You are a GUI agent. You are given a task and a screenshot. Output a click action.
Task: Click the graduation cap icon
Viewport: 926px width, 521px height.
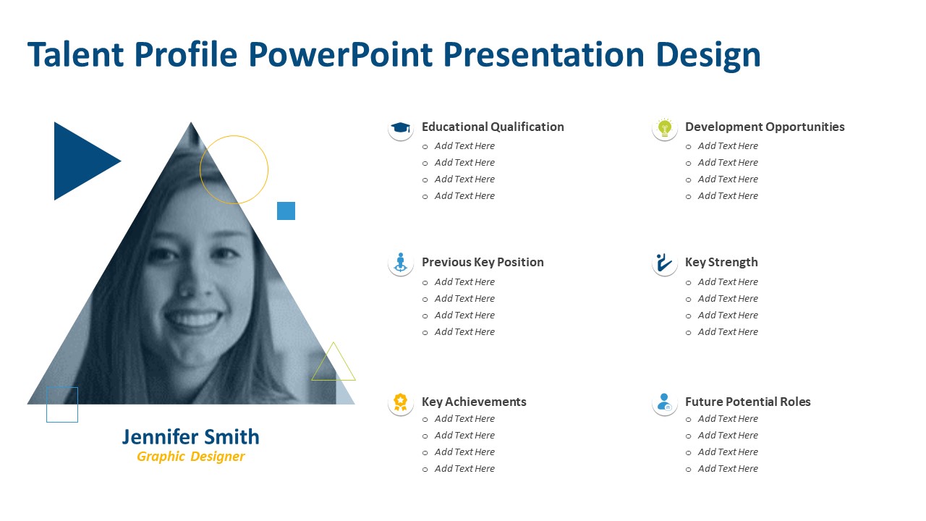point(400,127)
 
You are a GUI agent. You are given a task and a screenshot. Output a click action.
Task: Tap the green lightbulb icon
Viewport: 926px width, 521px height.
point(665,127)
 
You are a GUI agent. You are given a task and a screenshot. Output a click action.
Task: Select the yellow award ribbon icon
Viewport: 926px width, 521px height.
point(400,402)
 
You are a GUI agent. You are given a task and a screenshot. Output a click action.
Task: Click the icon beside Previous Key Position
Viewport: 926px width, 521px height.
point(400,263)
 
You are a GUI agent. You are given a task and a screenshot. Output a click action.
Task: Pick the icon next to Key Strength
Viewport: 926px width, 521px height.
point(665,263)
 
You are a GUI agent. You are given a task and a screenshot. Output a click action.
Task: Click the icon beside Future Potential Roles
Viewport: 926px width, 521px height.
point(665,402)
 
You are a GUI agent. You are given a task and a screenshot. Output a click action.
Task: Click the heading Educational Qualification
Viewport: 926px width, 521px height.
point(493,127)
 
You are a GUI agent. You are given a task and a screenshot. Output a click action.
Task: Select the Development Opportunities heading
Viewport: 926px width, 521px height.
point(765,127)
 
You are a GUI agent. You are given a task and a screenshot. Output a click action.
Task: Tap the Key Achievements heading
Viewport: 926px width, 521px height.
point(474,402)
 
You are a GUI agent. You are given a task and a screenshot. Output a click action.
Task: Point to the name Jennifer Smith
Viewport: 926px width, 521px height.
point(190,437)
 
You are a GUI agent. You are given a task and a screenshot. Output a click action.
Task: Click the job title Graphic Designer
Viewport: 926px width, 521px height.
point(190,457)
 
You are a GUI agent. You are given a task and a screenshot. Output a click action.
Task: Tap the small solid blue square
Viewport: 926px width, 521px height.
point(286,211)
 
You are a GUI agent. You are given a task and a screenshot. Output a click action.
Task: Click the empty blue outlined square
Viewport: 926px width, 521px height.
point(47,404)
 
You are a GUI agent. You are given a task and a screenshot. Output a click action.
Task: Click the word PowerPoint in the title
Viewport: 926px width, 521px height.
point(341,54)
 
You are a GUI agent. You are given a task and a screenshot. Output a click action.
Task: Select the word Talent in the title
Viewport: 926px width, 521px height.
point(76,54)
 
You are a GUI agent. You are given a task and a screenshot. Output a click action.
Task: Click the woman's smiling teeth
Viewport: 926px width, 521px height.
point(193,319)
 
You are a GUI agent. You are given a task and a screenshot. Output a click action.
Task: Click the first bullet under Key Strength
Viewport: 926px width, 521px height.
point(728,282)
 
